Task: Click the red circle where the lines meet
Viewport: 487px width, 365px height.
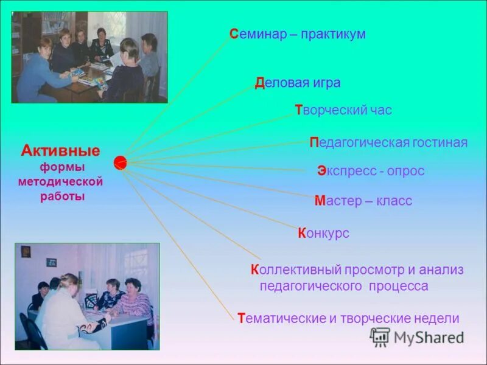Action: pyautogui.click(x=120, y=162)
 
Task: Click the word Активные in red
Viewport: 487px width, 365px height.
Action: pyautogui.click(x=60, y=150)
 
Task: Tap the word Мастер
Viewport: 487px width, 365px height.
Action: pyautogui.click(x=338, y=201)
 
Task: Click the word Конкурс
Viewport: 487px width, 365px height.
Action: pyautogui.click(x=323, y=233)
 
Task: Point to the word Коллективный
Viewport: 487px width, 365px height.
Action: pyautogui.click(x=296, y=269)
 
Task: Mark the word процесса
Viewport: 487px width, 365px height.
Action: pyautogui.click(x=398, y=286)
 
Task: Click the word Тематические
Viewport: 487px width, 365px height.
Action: pyautogui.click(x=282, y=318)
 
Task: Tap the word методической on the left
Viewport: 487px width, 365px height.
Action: pyautogui.click(x=60, y=182)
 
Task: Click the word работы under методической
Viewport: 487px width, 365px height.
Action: pyautogui.click(x=63, y=196)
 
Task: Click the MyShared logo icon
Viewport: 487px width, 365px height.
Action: pyautogui.click(x=380, y=337)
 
